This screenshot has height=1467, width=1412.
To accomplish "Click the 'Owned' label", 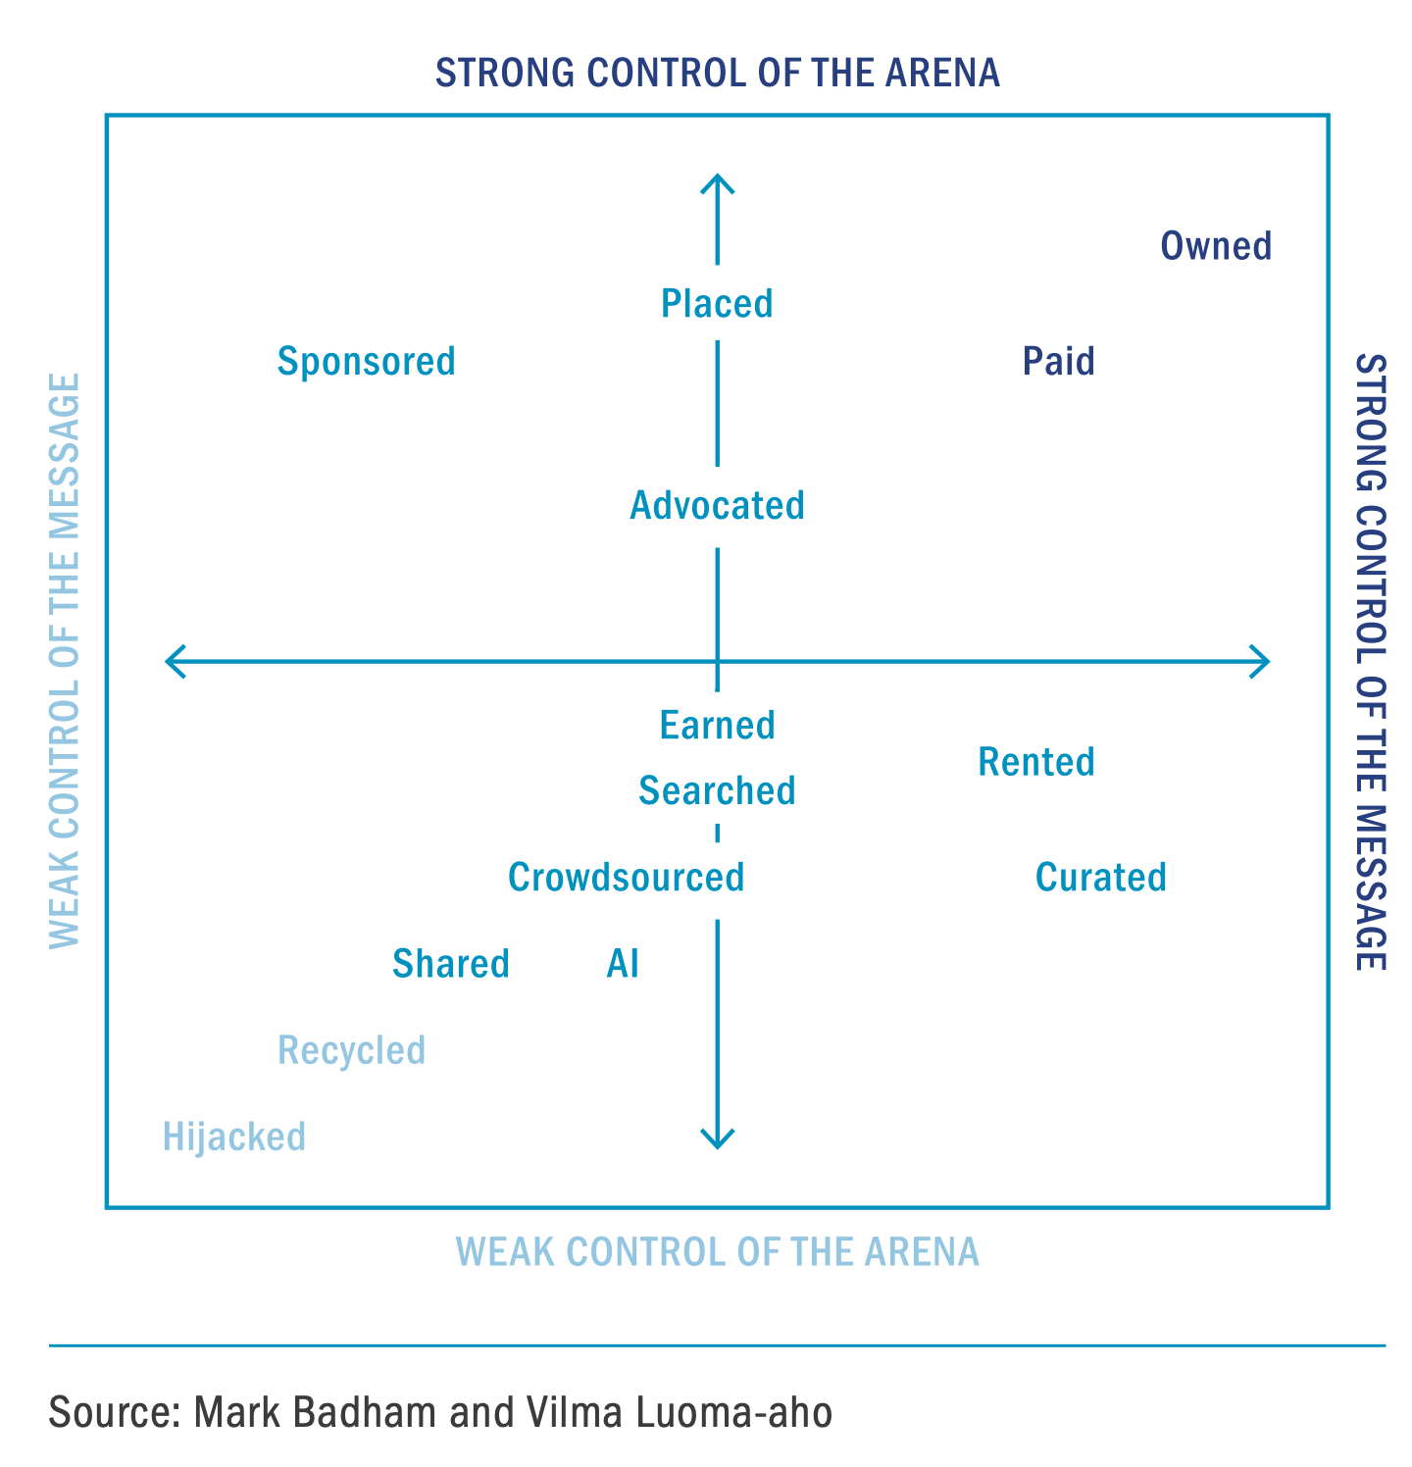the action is pyautogui.click(x=1216, y=246).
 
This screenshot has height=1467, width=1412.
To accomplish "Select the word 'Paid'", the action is pyautogui.click(x=1058, y=362).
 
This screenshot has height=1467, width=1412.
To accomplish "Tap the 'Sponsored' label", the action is pyautogui.click(x=367, y=362).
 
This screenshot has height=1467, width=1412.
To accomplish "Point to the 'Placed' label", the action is pyautogui.click(x=717, y=304).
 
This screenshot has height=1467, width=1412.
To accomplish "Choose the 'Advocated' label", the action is pyautogui.click(x=717, y=506).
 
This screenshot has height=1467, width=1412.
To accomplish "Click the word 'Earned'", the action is pyautogui.click(x=717, y=726).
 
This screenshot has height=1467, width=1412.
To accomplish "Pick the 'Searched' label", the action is pyautogui.click(x=717, y=790).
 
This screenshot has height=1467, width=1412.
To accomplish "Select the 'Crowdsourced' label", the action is pyautogui.click(x=626, y=878).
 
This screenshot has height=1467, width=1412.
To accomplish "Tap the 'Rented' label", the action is pyautogui.click(x=1036, y=762).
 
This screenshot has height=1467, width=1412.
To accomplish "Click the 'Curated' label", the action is pyautogui.click(x=1101, y=878).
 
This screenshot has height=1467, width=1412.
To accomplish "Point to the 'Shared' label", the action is pyautogui.click(x=451, y=964).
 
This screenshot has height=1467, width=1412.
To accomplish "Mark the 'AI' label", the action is pyautogui.click(x=623, y=964).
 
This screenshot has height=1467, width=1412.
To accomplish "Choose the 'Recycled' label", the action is pyautogui.click(x=351, y=1051).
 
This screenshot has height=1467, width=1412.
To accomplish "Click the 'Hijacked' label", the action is pyautogui.click(x=234, y=1138).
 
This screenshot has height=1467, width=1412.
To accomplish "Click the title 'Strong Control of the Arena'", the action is pyautogui.click(x=718, y=74).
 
